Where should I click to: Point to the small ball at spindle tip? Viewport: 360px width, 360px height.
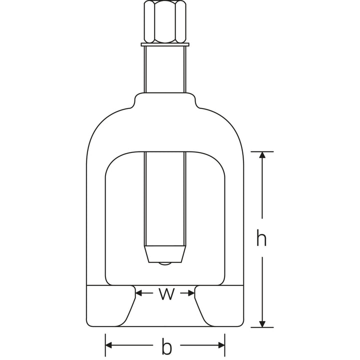point(164,263)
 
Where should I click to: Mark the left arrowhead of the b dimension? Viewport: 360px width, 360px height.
point(109,345)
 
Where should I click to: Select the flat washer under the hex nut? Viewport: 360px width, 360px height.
point(164,45)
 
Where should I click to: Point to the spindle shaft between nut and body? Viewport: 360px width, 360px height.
point(164,70)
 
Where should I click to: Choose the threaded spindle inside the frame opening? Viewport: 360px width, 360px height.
point(164,200)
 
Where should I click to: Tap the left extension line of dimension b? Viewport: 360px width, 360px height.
point(105,342)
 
